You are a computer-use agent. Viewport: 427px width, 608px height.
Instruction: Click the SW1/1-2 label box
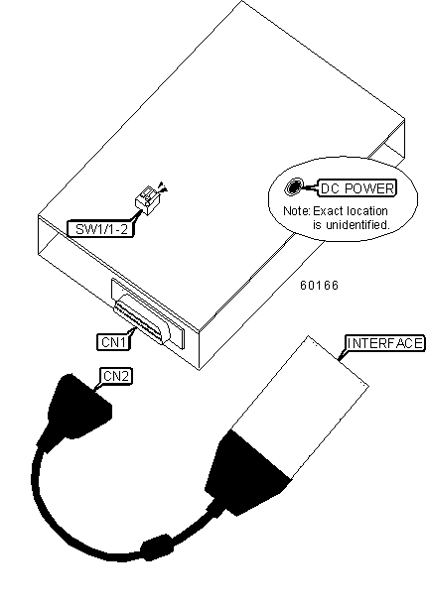coord(100,229)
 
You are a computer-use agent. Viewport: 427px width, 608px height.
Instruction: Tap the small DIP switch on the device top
coord(148,200)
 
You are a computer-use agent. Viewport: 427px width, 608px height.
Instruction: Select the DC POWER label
coord(357,188)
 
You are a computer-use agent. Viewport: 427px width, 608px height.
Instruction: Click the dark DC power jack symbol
coord(294,187)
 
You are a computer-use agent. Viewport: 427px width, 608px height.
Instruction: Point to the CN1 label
coord(113,341)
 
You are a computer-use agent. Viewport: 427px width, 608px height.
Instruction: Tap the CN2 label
coord(116,376)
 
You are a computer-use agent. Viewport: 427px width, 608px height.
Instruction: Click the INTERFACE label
coord(384,343)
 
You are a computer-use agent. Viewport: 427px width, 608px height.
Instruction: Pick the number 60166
coord(319,286)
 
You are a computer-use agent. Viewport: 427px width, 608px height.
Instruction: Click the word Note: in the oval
coord(297,211)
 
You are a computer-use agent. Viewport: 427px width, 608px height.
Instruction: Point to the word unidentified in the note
coord(356,225)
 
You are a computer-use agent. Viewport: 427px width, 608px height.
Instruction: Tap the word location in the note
coord(367,211)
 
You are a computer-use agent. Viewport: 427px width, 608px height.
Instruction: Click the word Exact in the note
coord(329,211)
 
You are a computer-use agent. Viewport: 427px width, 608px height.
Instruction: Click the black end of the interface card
coord(248,471)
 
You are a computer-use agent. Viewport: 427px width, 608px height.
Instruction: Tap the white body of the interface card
coord(300,407)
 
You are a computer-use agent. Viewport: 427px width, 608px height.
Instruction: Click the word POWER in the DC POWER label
coord(369,188)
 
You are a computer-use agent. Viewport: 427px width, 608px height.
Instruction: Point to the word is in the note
coord(317,225)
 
